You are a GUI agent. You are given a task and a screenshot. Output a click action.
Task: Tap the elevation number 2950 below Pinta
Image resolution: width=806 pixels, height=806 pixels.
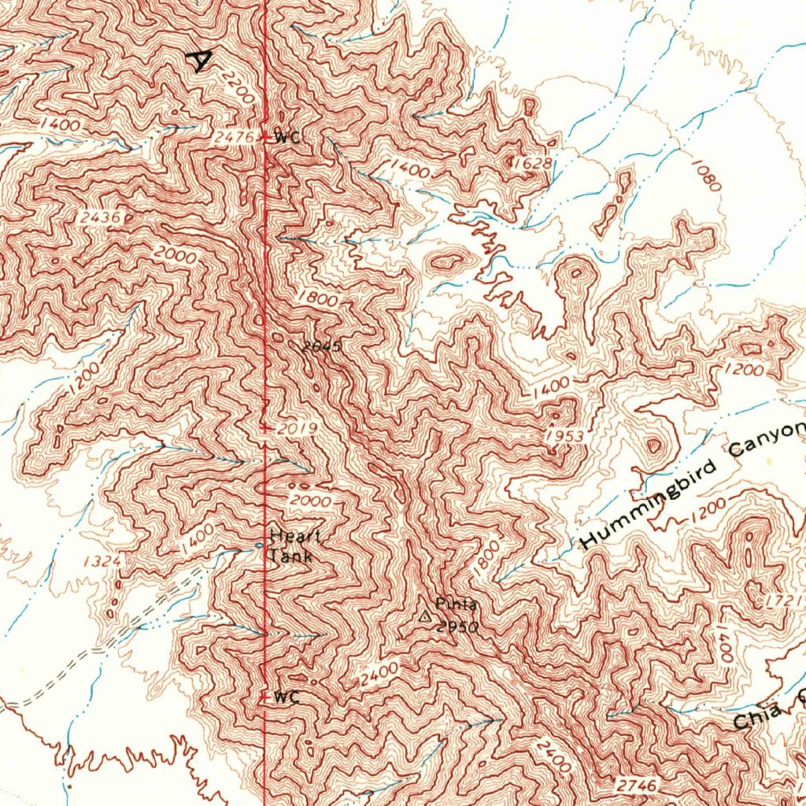(457, 627)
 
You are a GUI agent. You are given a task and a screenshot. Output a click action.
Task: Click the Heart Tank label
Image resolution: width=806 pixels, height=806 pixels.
(292, 546)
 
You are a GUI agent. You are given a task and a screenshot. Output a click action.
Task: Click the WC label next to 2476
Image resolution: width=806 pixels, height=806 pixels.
(289, 137)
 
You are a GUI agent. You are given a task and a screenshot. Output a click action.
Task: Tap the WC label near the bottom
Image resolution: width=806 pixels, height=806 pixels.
(287, 697)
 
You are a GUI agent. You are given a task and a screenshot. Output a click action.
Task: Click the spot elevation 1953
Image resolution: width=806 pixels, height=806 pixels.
(564, 437)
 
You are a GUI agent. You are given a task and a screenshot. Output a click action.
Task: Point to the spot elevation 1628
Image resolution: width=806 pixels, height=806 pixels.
(532, 163)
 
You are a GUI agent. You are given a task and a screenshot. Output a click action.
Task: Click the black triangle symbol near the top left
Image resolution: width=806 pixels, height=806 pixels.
(201, 61)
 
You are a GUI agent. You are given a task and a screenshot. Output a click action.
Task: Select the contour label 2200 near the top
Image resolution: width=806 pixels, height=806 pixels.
(237, 87)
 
